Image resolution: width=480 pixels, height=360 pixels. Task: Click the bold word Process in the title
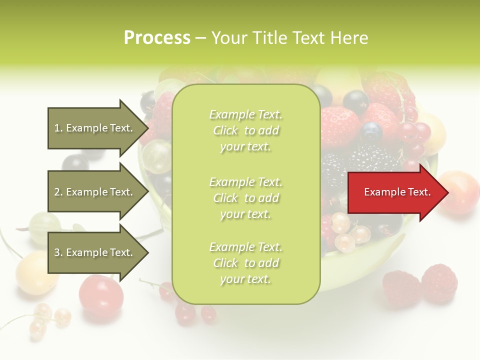[157, 38]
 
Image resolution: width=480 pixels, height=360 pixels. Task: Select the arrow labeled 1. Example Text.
[95, 128]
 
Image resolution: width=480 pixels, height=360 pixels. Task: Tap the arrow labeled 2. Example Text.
[95, 192]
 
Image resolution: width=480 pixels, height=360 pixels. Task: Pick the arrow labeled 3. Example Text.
[95, 252]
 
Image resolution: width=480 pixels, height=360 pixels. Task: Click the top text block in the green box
[245, 130]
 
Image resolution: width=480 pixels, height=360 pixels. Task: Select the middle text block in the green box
[245, 197]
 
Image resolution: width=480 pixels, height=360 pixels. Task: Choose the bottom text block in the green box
[245, 263]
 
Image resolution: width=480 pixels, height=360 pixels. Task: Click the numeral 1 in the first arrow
[57, 128]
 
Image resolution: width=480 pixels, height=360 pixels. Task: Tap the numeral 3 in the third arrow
[57, 252]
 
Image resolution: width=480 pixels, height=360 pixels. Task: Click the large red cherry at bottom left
[101, 295]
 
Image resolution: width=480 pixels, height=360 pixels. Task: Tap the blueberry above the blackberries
[371, 132]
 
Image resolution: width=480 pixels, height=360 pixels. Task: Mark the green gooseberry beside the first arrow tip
[157, 156]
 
